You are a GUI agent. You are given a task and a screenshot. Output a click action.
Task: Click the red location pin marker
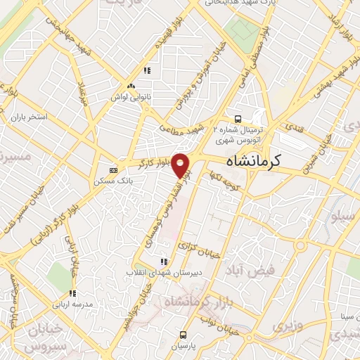pos(182,165)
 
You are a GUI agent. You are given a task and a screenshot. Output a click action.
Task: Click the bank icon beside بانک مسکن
pos(114,169)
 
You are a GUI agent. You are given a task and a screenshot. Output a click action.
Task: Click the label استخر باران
pos(29,117)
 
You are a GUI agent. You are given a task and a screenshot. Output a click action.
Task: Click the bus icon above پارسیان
pos(184,335)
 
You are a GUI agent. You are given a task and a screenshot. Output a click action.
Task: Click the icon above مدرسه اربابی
pos(72,292)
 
